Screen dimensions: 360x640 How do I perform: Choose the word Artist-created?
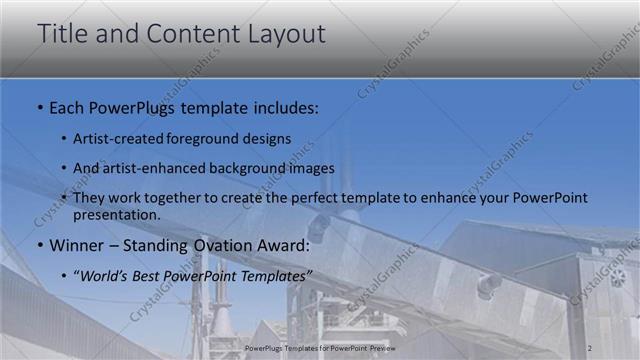(113, 139)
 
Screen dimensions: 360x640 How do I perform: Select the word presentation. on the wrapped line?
(116, 214)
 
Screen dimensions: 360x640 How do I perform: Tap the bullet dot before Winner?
(39, 246)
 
